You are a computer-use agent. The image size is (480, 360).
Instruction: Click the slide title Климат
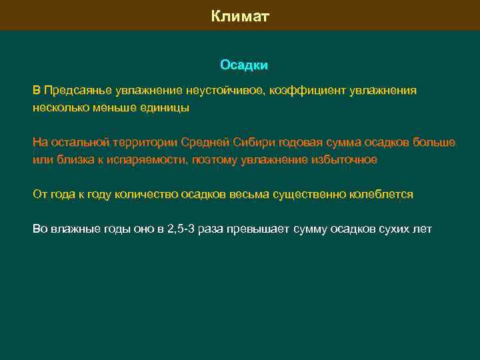click(x=240, y=16)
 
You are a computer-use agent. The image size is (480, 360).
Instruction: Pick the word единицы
click(x=167, y=107)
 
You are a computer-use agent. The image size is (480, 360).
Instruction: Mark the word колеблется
click(x=381, y=194)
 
